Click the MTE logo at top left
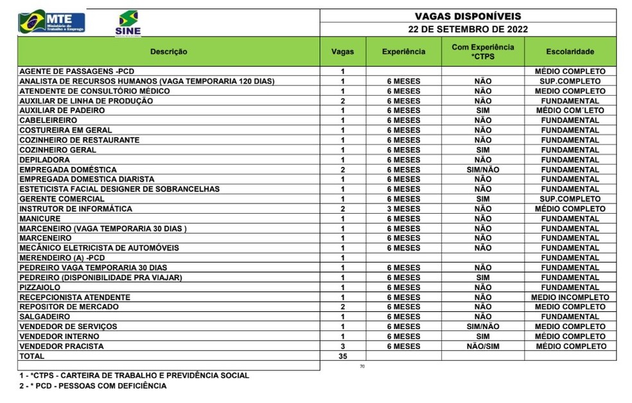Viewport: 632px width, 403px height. tap(51, 22)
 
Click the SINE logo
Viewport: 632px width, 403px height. tap(128, 23)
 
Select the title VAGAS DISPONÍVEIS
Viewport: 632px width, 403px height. tap(468, 16)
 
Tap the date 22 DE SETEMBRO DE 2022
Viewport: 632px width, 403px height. tap(468, 30)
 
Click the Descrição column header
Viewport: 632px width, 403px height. tap(168, 51)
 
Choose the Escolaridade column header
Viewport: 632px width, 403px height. tap(570, 51)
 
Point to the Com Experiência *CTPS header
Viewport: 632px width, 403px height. tap(482, 51)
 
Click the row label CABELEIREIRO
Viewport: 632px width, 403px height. tap(48, 121)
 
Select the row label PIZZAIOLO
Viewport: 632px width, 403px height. tap(40, 287)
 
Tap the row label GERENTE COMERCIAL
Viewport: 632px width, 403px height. tap(62, 199)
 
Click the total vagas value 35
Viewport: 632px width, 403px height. tap(342, 356)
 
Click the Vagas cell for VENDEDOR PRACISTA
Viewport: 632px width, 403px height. tap(342, 347)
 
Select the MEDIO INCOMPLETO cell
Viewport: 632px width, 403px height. tap(570, 297)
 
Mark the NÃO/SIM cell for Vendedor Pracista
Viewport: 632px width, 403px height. tap(482, 347)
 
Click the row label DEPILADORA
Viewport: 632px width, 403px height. tap(45, 160)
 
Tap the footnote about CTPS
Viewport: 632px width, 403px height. tap(134, 375)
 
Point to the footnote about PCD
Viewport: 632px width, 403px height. tap(92, 386)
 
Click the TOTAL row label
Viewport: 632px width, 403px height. tap(32, 356)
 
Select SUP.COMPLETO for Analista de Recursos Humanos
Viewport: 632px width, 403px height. tap(570, 81)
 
